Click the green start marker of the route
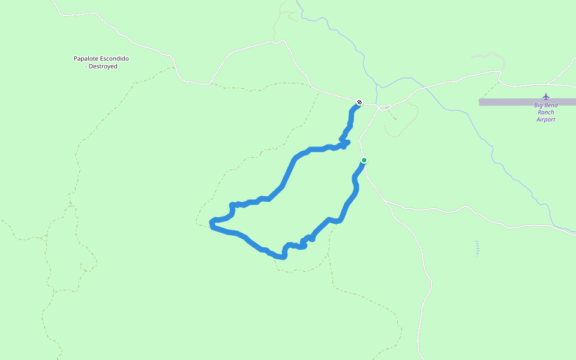click(x=364, y=160)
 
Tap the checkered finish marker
click(x=359, y=102)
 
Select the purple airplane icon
click(x=546, y=97)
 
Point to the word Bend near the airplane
click(x=551, y=106)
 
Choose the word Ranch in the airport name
click(x=546, y=112)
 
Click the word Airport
click(x=546, y=119)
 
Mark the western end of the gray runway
click(x=480, y=102)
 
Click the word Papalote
click(x=86, y=59)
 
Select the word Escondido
click(x=115, y=59)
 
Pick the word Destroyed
click(x=103, y=67)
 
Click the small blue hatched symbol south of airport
click(x=477, y=248)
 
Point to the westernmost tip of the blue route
click(x=211, y=224)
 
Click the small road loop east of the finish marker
click(x=386, y=107)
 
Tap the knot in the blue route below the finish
click(x=344, y=143)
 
